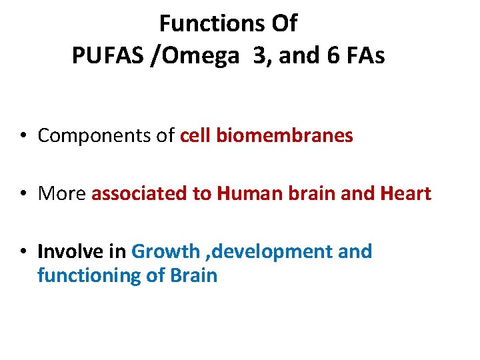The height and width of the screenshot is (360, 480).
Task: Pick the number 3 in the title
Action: pos(258,57)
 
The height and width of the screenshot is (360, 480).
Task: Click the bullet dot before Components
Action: pos(23,137)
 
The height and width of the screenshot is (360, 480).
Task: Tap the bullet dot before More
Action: pos(23,194)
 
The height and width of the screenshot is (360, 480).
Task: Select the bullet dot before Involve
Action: pos(23,252)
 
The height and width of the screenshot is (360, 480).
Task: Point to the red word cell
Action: pos(195,136)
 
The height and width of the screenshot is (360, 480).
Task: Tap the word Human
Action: pos(247,194)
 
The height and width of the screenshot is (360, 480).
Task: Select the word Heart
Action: pos(405,194)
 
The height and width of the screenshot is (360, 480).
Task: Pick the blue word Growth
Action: pos(166,252)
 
